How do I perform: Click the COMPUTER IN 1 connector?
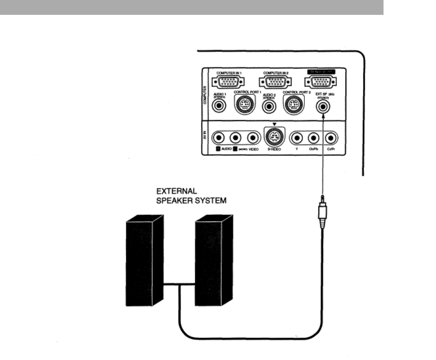227,82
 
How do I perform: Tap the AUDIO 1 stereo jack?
219,105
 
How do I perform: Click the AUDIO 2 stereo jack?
269,106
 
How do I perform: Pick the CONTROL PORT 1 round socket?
244,105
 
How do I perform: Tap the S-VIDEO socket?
274,138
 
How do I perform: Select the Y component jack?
297,138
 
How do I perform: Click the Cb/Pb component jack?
313,138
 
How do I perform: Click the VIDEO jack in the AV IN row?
252,138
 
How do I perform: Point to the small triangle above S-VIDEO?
274,124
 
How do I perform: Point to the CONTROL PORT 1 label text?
247,93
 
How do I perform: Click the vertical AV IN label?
206,137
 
